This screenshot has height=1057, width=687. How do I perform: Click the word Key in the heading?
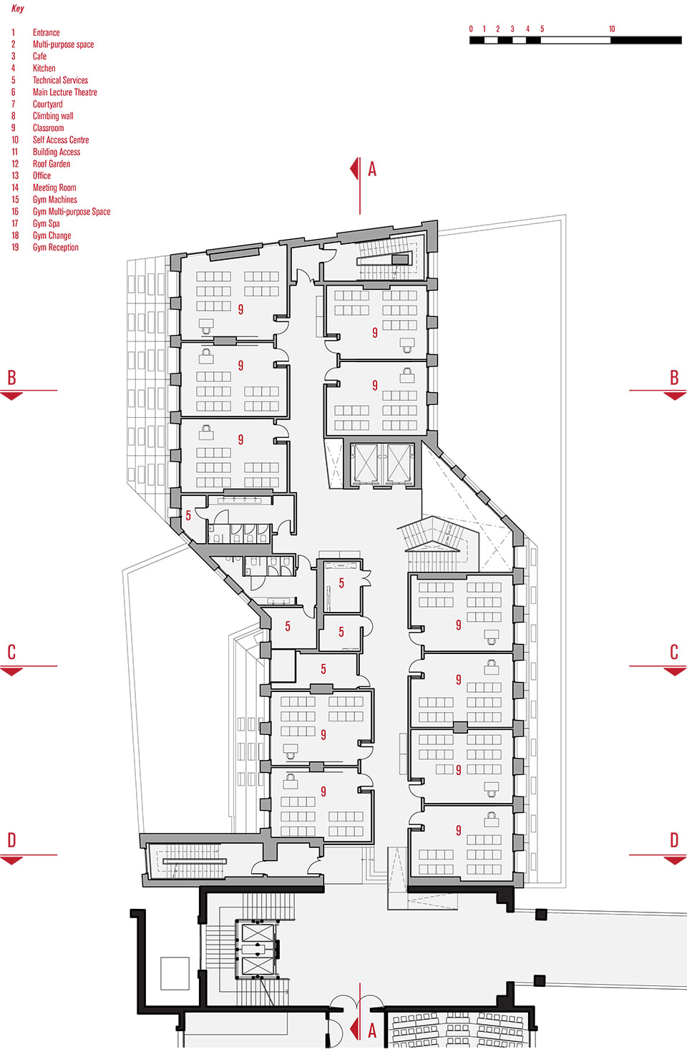point(18,9)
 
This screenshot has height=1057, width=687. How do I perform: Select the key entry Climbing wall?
point(53,116)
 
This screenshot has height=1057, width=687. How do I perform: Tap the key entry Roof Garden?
point(52,164)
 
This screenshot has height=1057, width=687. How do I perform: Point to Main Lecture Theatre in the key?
point(64,92)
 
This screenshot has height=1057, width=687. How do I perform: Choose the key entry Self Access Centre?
point(61,140)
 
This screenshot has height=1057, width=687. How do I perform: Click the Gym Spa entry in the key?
point(46,223)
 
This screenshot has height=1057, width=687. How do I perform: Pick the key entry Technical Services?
point(60,80)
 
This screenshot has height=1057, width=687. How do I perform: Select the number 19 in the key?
point(15,248)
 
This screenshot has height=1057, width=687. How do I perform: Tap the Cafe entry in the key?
point(39,57)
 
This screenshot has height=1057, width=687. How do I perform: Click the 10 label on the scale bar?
point(612,29)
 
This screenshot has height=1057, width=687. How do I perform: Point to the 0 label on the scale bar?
point(471,29)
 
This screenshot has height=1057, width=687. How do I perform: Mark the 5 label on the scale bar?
point(542,29)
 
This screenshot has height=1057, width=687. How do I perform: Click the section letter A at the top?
point(372,170)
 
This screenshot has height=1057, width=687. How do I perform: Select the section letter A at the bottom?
point(372,1031)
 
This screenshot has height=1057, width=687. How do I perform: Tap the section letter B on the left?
point(11,378)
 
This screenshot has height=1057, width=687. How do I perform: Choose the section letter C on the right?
point(673,653)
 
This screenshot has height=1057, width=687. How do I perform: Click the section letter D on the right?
point(673,840)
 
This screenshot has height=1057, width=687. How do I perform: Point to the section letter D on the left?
point(11,840)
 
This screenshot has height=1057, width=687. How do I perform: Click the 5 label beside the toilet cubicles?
point(188,515)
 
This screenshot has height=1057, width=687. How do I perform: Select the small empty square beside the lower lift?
point(175,973)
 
